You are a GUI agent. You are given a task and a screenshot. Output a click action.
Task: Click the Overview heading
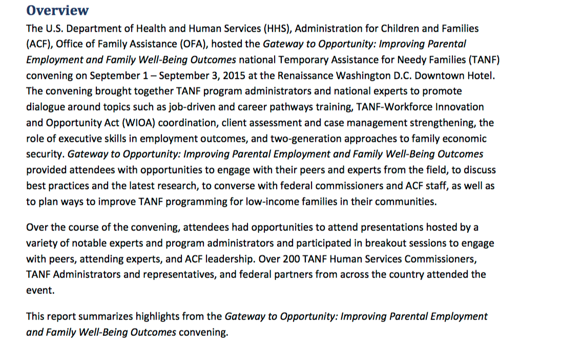[x=57, y=10]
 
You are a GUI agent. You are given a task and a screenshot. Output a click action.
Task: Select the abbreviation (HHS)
[x=264, y=29]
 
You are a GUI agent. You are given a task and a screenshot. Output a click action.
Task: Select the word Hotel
[x=481, y=76]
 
